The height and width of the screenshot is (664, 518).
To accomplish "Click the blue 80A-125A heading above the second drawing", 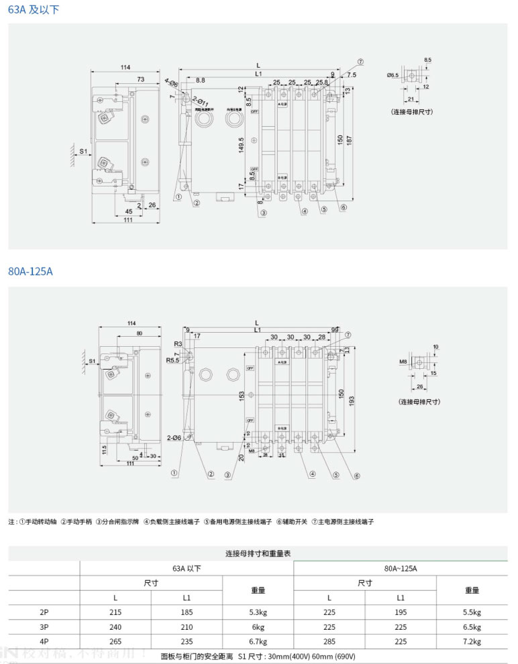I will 30,272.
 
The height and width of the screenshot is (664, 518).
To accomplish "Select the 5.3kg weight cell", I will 258,612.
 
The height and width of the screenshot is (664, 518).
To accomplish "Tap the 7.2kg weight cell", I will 472,642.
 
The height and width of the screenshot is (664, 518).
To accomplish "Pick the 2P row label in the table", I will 44,612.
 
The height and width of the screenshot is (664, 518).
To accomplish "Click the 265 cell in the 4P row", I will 115,642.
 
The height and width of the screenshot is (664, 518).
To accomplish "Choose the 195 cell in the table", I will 401,612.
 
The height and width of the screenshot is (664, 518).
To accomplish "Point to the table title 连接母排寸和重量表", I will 258,553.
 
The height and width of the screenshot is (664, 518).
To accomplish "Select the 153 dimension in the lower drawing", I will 242,396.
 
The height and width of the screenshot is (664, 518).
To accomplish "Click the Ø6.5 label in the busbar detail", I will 393,75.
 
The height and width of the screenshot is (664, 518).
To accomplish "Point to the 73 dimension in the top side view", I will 140,79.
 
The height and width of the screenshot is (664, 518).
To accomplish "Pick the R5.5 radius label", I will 174,360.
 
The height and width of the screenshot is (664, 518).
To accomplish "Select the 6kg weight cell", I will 258,627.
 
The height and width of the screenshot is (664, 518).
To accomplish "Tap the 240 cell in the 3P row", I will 115,627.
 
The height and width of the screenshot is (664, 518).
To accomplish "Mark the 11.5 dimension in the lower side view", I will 104,447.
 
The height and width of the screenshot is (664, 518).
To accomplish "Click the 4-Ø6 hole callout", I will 171,82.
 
